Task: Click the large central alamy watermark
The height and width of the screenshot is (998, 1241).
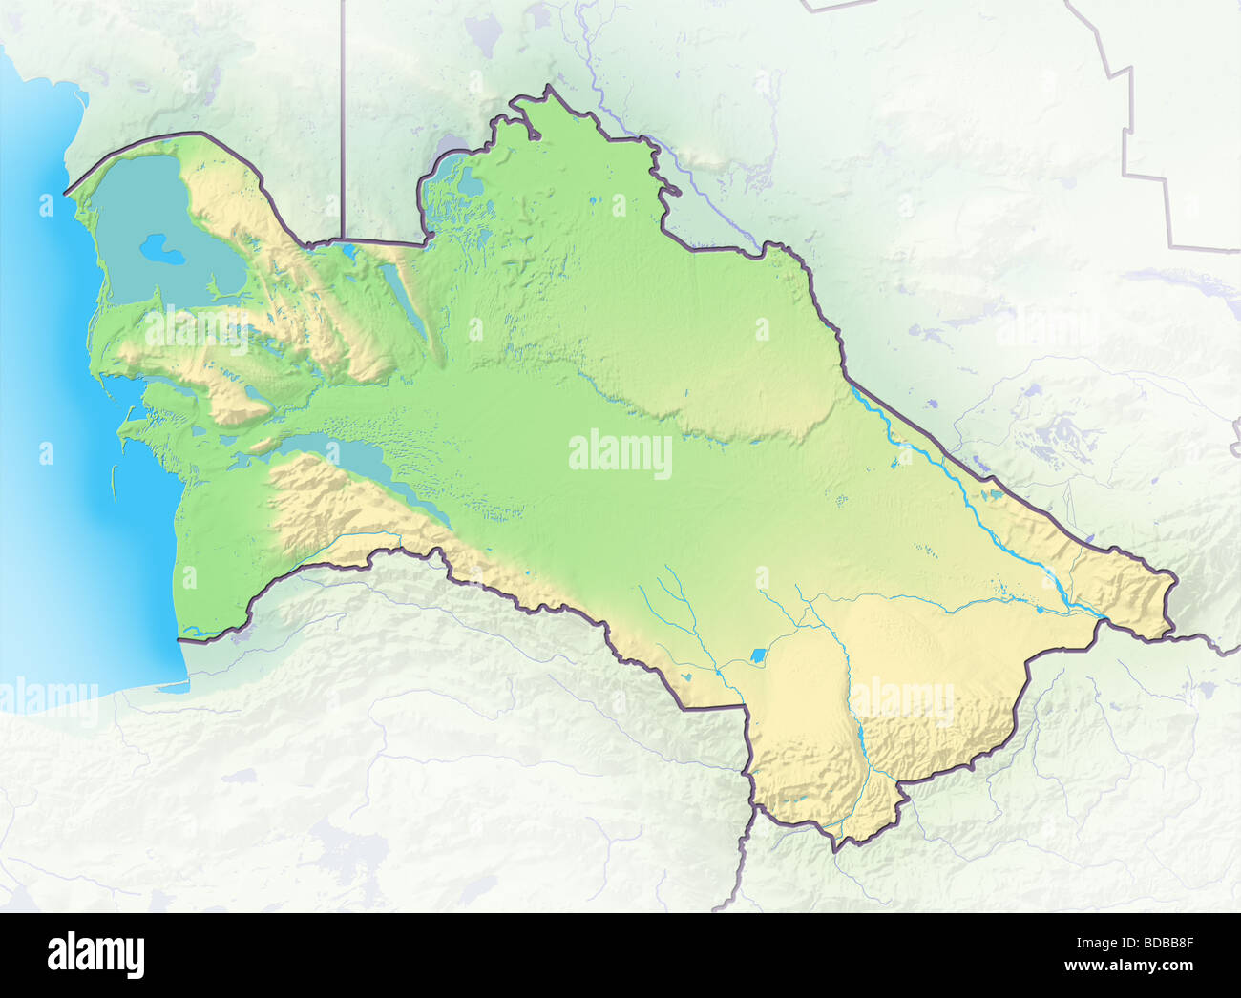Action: [620, 455]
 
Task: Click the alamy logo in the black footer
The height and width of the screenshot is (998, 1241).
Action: [96, 953]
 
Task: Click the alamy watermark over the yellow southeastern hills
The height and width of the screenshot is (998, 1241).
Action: [901, 701]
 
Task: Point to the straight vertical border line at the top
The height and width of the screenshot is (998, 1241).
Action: [343, 114]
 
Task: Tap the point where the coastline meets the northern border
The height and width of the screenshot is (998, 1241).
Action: [67, 194]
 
